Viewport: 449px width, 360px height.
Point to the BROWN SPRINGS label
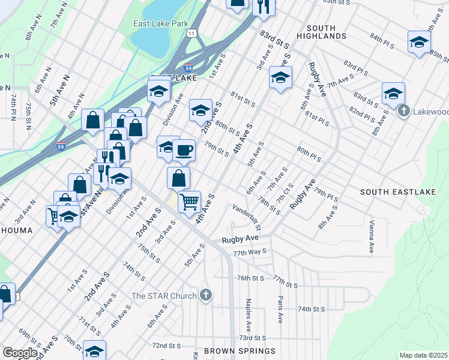[239, 351]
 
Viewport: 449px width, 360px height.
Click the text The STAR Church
[164, 295]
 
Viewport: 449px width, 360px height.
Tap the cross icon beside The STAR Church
[206, 295]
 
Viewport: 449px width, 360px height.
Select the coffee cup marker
[184, 150]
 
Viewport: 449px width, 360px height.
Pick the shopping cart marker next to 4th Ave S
[189, 202]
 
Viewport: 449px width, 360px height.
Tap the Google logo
[20, 353]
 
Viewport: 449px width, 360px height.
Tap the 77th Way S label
[250, 253]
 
